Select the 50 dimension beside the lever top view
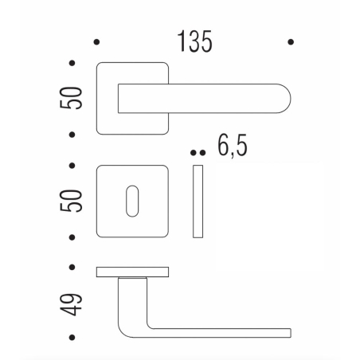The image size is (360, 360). tap(74, 97)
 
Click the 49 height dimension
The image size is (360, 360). tap(74, 303)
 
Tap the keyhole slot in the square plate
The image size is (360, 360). tap(131, 202)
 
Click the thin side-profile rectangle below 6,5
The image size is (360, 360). tap(198, 202)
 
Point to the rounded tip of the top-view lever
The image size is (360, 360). tap(283, 98)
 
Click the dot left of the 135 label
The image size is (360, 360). tap(96, 41)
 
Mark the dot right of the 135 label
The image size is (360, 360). tap(292, 41)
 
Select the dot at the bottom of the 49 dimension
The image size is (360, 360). tap(73, 338)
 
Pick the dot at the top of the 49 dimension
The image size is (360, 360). tap(73, 268)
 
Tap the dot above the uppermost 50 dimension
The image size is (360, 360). tap(73, 62)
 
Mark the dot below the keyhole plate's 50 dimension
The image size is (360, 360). tap(73, 237)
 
